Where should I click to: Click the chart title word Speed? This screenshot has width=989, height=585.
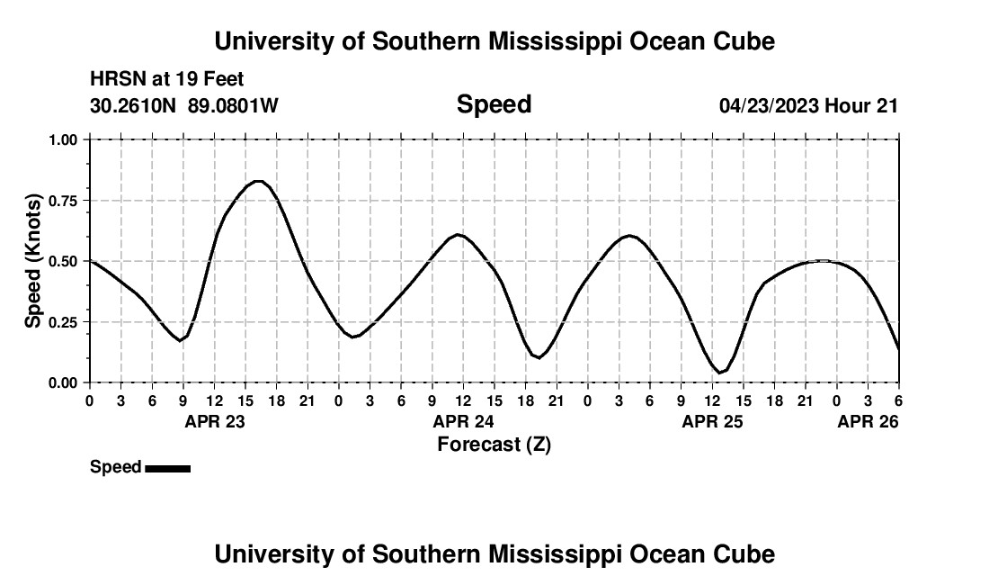494,104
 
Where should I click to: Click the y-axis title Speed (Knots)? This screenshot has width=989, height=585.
33,260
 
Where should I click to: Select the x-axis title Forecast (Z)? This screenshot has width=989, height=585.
494,444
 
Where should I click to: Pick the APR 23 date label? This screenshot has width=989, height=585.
214,421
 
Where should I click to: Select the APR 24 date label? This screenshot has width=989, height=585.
463,421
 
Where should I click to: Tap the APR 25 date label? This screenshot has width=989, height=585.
712,421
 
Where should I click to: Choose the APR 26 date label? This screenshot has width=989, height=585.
868,421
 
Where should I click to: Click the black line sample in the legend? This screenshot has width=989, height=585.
167,468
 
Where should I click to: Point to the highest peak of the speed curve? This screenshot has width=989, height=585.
258,181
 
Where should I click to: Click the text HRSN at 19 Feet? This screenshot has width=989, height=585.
167,80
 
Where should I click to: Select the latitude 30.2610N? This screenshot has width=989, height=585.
135,105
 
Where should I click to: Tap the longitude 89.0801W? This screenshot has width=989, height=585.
233,105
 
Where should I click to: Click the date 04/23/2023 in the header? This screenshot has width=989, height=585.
768,105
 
